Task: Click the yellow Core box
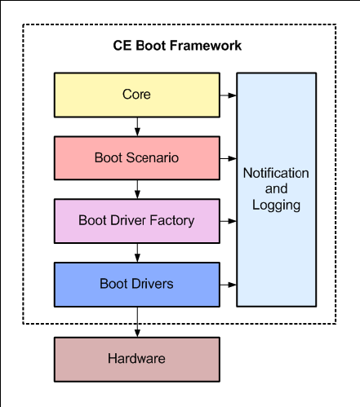pyautogui.click(x=137, y=95)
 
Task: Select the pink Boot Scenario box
pyautogui.click(x=137, y=158)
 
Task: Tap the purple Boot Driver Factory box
pyautogui.click(x=137, y=221)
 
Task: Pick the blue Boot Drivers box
pyautogui.click(x=137, y=285)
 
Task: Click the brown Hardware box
pyautogui.click(x=137, y=360)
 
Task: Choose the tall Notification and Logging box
pyautogui.click(x=277, y=190)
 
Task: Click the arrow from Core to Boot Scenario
pyautogui.click(x=137, y=126)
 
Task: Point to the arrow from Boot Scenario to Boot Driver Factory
pyautogui.click(x=137, y=189)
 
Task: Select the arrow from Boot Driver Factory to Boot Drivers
pyautogui.click(x=137, y=253)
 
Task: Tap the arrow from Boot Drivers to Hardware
pyautogui.click(x=137, y=322)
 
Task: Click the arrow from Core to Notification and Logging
pyautogui.click(x=228, y=95)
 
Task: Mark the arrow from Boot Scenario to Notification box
pyautogui.click(x=228, y=158)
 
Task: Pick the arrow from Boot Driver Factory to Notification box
pyautogui.click(x=228, y=221)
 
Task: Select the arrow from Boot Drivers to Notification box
pyautogui.click(x=228, y=285)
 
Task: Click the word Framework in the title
pyautogui.click(x=206, y=46)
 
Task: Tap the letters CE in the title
pyautogui.click(x=122, y=46)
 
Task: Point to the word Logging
pyautogui.click(x=276, y=206)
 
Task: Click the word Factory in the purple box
pyautogui.click(x=172, y=221)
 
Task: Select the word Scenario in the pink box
pyautogui.click(x=153, y=157)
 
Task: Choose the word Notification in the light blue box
pyautogui.click(x=276, y=173)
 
